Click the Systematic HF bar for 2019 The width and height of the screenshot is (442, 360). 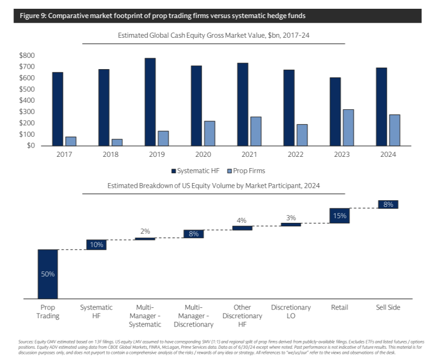150,102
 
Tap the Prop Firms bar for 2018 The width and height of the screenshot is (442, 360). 117,142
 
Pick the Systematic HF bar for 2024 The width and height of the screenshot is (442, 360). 382,107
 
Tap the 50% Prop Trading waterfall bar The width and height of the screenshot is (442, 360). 47,274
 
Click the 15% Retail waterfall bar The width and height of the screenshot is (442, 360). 339,216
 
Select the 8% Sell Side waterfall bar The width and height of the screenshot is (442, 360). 388,204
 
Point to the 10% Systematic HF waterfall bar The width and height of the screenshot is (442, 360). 96,244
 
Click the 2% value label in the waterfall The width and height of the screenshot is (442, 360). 145,231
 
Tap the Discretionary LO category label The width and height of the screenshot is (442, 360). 291,312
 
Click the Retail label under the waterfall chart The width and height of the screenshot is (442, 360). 339,307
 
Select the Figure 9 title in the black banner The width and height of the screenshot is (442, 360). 162,16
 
